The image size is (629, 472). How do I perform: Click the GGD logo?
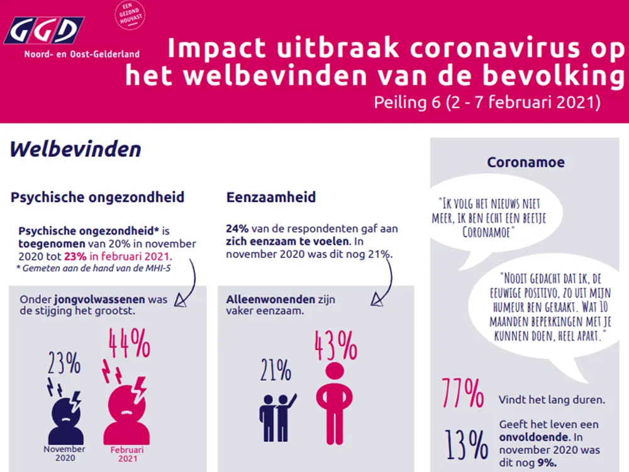pyautogui.click(x=44, y=30)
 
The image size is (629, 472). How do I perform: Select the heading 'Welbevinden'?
pyautogui.click(x=75, y=149)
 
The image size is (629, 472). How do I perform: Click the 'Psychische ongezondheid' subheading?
pyautogui.click(x=97, y=197)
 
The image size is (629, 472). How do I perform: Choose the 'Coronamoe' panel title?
pyautogui.click(x=525, y=162)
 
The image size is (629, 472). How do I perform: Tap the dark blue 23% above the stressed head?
pyautogui.click(x=64, y=363)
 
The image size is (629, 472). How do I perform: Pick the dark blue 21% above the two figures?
pyautogui.click(x=276, y=370)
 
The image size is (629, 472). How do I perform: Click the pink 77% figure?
pyautogui.click(x=462, y=393)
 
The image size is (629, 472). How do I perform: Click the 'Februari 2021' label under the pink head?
pyautogui.click(x=127, y=454)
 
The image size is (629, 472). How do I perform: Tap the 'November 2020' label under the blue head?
pyautogui.click(x=65, y=453)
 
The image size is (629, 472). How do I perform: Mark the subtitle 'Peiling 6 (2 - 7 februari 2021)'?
pyautogui.click(x=487, y=102)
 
